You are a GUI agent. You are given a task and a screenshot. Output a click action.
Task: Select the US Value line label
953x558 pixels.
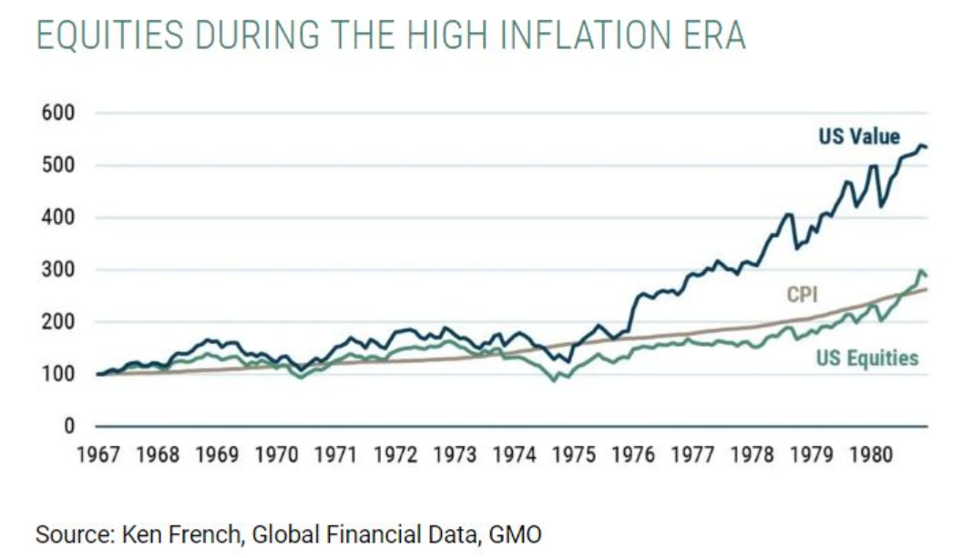tap(859, 137)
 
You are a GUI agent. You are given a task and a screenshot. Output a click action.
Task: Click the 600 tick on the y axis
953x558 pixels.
tap(56, 114)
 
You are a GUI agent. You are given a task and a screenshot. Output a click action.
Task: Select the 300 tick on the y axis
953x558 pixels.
tap(56, 270)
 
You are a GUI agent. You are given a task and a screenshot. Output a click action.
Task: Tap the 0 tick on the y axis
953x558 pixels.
tap(67, 426)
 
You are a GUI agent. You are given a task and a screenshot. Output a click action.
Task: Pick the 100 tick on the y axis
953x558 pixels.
tap(56, 374)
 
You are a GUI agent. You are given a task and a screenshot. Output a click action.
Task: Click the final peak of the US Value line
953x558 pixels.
tap(920, 145)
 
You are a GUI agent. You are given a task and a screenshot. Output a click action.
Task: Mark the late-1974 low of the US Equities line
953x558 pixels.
tap(553, 380)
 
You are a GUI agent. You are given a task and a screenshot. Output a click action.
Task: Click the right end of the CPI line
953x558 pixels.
tap(927, 289)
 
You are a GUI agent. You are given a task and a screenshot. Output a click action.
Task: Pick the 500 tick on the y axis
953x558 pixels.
tap(56, 166)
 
